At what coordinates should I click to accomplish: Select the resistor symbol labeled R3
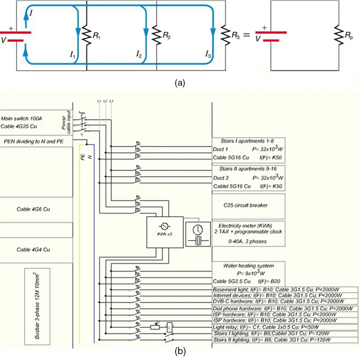tap(226, 35)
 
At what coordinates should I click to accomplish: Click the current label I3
tap(208, 55)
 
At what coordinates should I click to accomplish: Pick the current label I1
tap(73, 55)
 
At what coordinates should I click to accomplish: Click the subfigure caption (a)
tap(180, 83)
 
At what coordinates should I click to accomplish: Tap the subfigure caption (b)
tap(180, 351)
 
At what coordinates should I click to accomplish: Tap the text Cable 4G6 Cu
tap(33, 209)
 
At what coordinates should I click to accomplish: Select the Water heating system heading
tap(248, 266)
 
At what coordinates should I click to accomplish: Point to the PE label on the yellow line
tap(82, 157)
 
